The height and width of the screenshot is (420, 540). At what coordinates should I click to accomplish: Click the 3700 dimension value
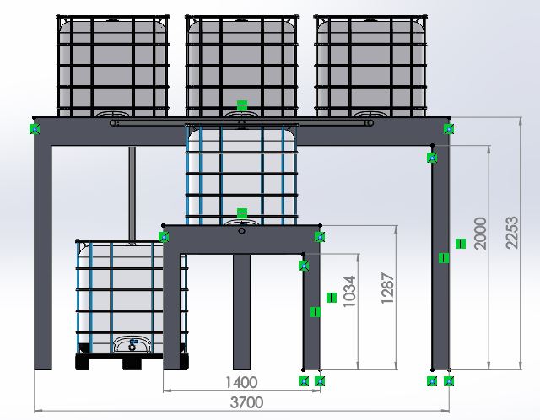(x=246, y=402)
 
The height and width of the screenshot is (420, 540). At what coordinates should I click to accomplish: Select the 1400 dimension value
(x=241, y=382)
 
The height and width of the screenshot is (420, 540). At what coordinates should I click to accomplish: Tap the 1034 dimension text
(x=349, y=291)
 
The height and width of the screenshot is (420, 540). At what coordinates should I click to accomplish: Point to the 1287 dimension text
(x=387, y=288)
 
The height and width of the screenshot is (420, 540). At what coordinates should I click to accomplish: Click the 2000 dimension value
(x=480, y=234)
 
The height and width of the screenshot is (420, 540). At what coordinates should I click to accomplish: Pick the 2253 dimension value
(x=512, y=233)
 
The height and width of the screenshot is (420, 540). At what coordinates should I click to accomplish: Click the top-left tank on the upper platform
(x=113, y=66)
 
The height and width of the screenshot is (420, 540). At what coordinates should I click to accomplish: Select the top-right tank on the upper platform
(x=370, y=66)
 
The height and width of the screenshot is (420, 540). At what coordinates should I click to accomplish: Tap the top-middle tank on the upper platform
(x=242, y=66)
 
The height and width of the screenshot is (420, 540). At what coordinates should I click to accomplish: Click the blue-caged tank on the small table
(x=242, y=175)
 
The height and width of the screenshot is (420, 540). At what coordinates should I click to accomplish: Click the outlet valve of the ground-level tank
(x=132, y=345)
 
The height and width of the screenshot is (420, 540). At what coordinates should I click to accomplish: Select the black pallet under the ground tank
(x=132, y=362)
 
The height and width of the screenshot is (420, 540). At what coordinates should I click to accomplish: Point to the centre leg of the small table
(x=242, y=312)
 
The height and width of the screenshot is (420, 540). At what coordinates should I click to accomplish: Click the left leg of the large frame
(x=43, y=257)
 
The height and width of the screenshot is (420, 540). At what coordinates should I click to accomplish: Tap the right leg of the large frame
(x=440, y=257)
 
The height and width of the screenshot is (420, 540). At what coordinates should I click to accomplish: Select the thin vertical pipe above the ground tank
(x=132, y=193)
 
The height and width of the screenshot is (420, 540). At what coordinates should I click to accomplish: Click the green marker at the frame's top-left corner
(x=35, y=129)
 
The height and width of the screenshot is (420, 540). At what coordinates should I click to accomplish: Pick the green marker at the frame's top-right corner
(x=448, y=129)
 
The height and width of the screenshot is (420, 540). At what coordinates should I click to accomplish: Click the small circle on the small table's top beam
(x=242, y=231)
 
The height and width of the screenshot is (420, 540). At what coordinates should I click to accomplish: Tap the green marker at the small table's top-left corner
(x=164, y=237)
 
